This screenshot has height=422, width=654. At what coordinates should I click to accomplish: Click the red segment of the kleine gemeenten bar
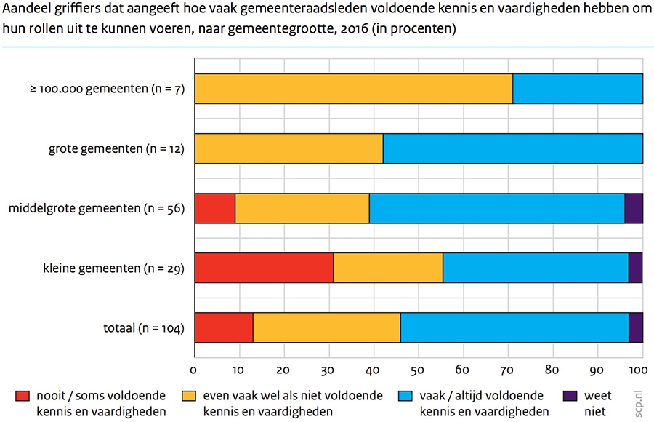tap(264, 268)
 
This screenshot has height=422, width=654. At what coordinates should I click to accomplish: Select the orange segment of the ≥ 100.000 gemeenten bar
tap(353, 89)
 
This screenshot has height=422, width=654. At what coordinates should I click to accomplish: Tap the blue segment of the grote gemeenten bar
tap(512, 148)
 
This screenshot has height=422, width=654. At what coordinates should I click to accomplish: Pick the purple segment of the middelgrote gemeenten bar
tap(634, 208)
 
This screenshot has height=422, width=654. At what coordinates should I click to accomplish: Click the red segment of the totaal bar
tap(223, 327)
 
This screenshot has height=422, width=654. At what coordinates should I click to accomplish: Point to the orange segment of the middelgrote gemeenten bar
tap(302, 208)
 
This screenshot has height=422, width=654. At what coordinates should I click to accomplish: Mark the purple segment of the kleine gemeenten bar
tap(635, 268)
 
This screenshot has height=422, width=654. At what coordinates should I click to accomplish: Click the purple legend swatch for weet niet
tap(570, 396)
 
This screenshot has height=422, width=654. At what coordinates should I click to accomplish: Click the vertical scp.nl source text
tap(639, 399)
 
